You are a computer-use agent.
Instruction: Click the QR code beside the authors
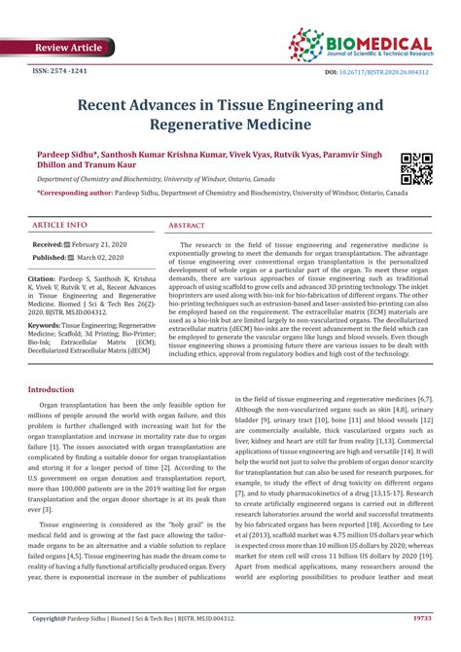point(416,168)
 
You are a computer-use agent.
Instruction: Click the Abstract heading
point(186,224)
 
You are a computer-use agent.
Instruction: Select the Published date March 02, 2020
point(108,258)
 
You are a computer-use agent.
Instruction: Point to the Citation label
point(46,277)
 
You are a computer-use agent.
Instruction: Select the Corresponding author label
point(80,194)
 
